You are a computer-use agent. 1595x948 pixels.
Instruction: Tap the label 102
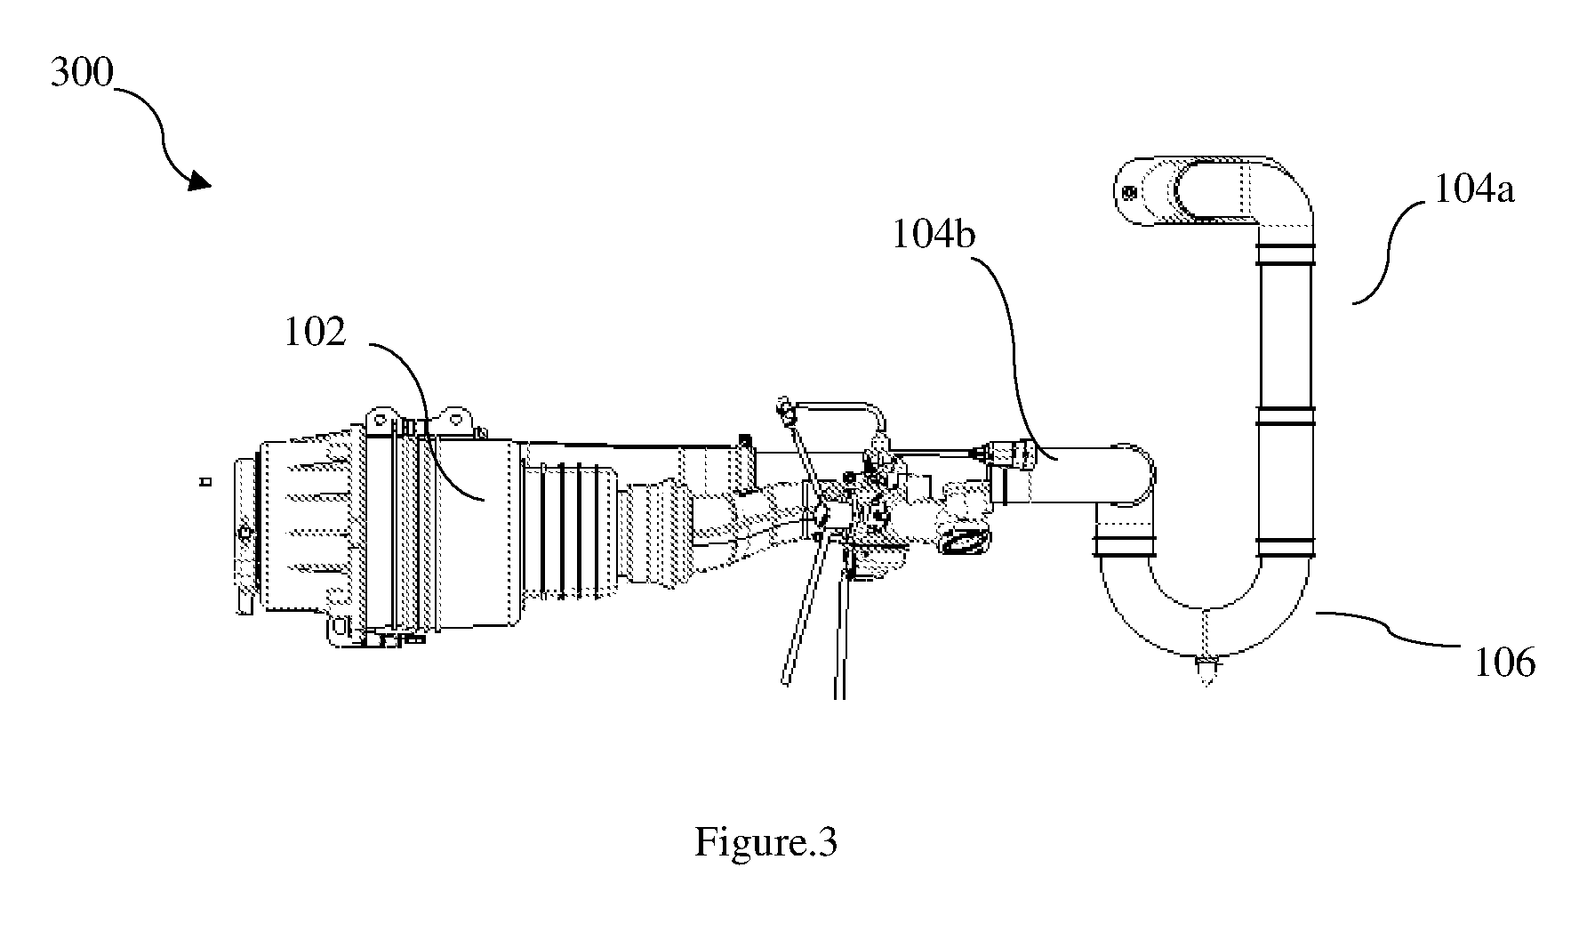(x=315, y=333)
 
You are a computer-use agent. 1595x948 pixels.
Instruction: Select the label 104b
(x=934, y=235)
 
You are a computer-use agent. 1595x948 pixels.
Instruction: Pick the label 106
(x=1505, y=663)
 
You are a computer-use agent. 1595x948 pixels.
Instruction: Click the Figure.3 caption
(x=765, y=841)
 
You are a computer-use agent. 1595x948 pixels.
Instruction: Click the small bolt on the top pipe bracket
(x=1129, y=192)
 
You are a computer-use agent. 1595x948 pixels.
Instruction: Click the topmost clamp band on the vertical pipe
(x=1285, y=256)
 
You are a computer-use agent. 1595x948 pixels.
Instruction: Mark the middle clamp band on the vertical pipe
(x=1285, y=415)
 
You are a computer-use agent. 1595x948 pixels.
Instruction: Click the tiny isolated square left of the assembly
(x=205, y=482)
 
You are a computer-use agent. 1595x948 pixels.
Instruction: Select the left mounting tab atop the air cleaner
(x=380, y=419)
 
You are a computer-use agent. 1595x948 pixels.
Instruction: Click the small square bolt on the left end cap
(x=244, y=533)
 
